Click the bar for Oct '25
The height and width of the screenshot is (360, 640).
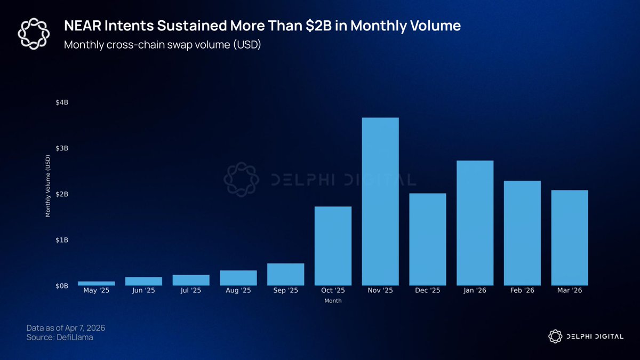tap(333, 246)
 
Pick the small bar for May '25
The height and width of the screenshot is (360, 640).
tap(97, 283)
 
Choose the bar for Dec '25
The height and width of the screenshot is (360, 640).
tap(428, 239)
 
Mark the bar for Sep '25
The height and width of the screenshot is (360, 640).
tap(285, 274)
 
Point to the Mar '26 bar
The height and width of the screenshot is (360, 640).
tap(570, 238)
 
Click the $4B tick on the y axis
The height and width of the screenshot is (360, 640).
tap(62, 102)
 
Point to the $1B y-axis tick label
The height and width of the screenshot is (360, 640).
tap(62, 240)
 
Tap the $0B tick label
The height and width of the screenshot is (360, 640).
tap(62, 286)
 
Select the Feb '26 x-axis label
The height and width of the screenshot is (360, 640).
tap(522, 291)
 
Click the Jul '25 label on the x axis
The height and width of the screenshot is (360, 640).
tap(191, 291)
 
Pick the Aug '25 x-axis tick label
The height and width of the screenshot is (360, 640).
tap(238, 291)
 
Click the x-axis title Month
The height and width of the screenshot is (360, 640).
tap(333, 301)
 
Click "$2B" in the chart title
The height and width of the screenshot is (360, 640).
tap(321, 26)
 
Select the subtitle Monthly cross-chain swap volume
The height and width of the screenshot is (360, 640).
tap(162, 44)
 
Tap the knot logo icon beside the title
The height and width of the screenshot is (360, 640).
tap(34, 33)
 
